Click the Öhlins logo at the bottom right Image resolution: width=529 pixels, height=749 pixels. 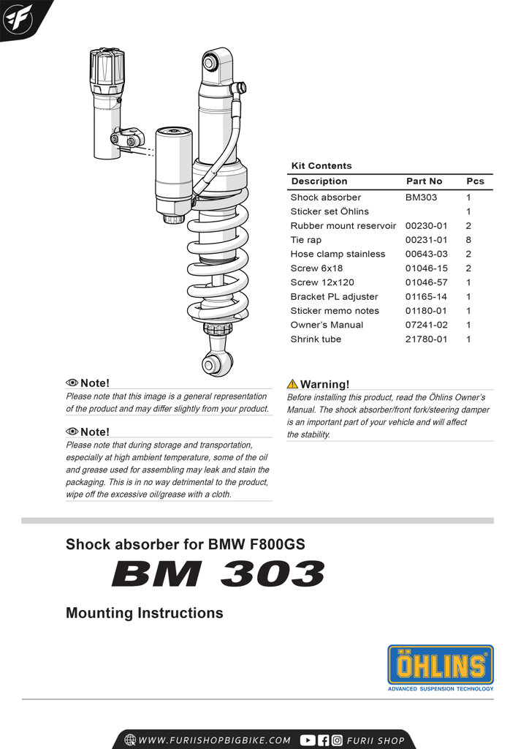click(x=440, y=665)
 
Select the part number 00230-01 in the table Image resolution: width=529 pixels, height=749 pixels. click(x=426, y=226)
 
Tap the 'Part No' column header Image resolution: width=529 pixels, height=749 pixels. click(x=424, y=181)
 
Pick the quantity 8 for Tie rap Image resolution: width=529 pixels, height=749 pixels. click(x=468, y=240)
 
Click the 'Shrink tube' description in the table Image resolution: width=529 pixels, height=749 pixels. click(x=316, y=339)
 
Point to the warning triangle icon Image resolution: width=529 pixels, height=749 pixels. click(x=292, y=384)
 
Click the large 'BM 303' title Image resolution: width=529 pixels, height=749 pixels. click(x=218, y=574)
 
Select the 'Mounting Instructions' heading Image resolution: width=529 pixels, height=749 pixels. click(x=145, y=613)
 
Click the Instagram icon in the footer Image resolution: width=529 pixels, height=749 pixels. click(x=336, y=739)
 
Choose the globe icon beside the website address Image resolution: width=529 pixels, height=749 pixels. click(x=130, y=739)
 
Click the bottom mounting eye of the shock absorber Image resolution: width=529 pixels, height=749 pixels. click(x=214, y=364)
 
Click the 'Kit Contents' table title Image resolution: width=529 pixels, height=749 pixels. click(x=321, y=166)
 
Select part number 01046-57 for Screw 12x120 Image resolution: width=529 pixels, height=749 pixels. click(x=426, y=282)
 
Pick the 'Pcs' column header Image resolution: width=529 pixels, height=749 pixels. click(x=475, y=181)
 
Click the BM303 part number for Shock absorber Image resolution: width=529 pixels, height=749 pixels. click(x=421, y=197)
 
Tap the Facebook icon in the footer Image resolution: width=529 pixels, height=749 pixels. click(x=323, y=739)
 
